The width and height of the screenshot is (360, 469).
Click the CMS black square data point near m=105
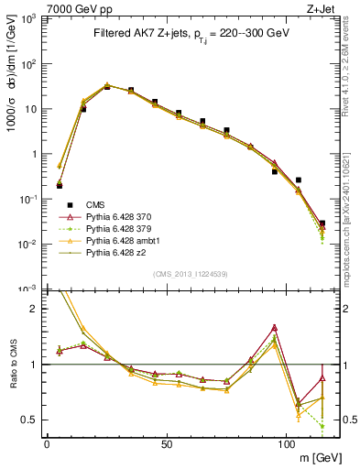pyautogui.click(x=298, y=180)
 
